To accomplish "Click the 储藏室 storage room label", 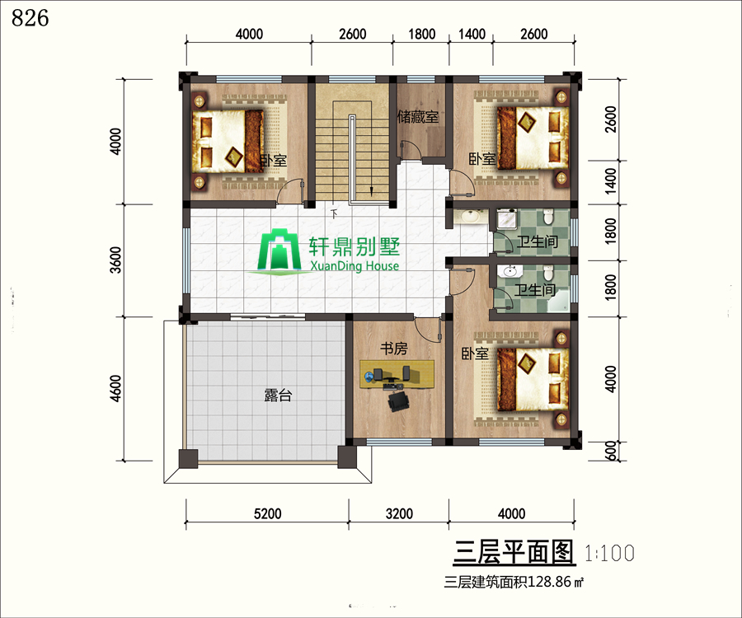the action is [418, 116].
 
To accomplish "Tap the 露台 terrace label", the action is [278, 395].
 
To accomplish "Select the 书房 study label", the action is [394, 349].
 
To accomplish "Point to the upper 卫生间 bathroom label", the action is [537, 241].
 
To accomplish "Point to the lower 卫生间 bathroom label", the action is [535, 289].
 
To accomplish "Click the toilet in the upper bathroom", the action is [548, 217].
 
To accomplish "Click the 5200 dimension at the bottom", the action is [267, 513].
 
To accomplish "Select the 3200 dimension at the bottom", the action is [399, 513].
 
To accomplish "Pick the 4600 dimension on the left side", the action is [115, 389].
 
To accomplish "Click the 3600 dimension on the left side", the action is [115, 260].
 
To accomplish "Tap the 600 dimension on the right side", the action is [611, 451].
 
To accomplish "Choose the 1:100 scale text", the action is [609, 553].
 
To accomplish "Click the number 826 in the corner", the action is [30, 18].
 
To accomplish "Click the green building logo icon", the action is [279, 250].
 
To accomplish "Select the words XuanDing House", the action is [355, 265].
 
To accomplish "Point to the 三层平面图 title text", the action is [514, 552].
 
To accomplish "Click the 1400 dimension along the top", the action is [472, 34].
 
